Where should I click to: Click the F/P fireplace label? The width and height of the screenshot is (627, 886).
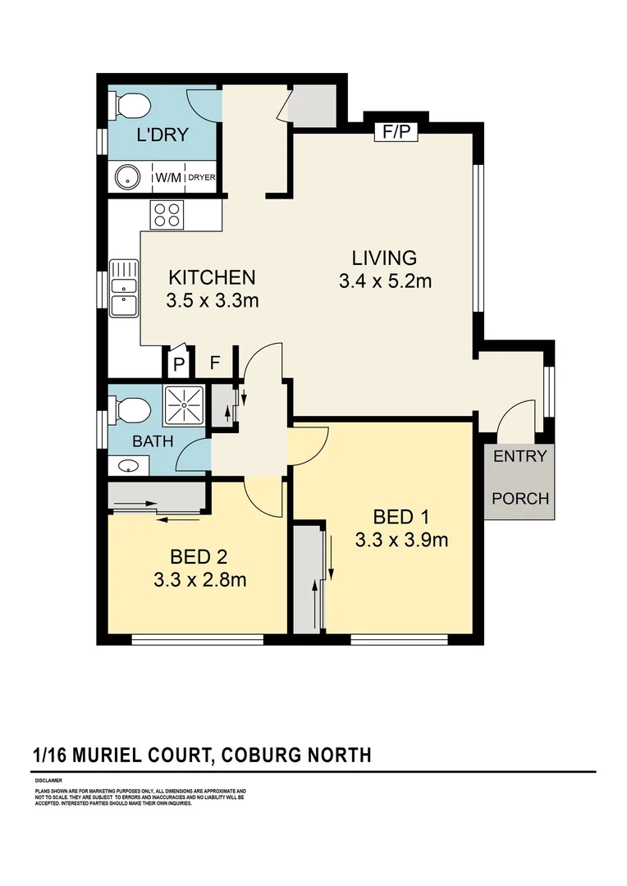tap(396, 131)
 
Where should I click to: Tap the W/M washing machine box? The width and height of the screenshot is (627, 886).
tap(169, 176)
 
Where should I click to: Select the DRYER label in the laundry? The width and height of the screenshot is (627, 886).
tap(201, 177)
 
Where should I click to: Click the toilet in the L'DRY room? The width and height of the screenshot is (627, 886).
tap(132, 105)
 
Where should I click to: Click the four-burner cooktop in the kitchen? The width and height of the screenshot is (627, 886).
tap(167, 215)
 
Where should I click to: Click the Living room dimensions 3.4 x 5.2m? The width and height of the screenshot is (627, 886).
tap(385, 281)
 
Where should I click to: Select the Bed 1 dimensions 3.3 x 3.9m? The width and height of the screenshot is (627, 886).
tap(401, 541)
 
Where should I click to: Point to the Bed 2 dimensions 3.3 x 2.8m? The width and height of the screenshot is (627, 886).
tap(200, 581)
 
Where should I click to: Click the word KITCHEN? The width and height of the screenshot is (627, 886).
tap(213, 277)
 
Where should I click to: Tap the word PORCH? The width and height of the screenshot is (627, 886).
tap(519, 498)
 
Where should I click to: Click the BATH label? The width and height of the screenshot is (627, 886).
tap(153, 441)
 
